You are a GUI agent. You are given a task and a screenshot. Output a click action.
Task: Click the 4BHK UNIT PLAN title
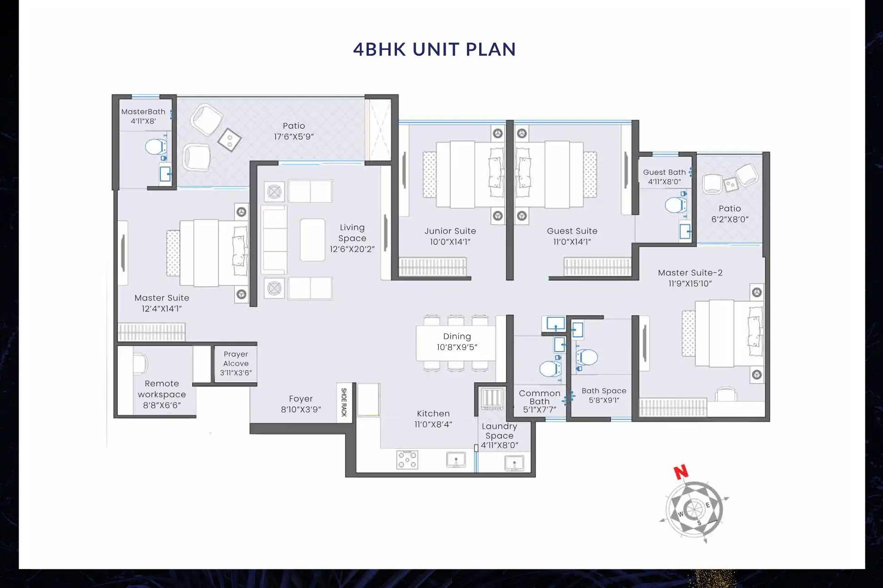point(434,49)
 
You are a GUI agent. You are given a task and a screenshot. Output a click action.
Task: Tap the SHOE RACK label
point(344,402)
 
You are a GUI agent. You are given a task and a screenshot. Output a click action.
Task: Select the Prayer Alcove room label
point(236,358)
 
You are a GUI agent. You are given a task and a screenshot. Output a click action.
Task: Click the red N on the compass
point(680,472)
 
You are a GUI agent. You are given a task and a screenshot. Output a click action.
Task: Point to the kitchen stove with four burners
point(407,459)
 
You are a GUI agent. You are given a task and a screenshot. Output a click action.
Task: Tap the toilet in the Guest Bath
point(675,205)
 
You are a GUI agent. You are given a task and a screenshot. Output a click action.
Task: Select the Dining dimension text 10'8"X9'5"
point(456,348)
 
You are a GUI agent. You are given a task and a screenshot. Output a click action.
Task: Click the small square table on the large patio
point(229,140)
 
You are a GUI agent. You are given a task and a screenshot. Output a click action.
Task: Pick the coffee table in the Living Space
point(313,240)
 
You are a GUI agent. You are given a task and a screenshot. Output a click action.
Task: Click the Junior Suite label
point(450,231)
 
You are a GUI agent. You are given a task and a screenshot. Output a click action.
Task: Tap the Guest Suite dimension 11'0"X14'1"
point(572,242)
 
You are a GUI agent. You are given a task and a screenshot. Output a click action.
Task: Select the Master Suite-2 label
point(690,273)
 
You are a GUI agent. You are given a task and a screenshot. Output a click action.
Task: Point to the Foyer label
point(301,399)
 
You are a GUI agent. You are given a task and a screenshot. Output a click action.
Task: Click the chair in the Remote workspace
point(140,363)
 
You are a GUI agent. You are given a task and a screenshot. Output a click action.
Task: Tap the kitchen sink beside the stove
point(456,460)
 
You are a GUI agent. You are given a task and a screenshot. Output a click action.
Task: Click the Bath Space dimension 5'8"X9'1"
point(604,400)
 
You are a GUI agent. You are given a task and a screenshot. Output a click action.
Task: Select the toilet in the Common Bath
point(550,369)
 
